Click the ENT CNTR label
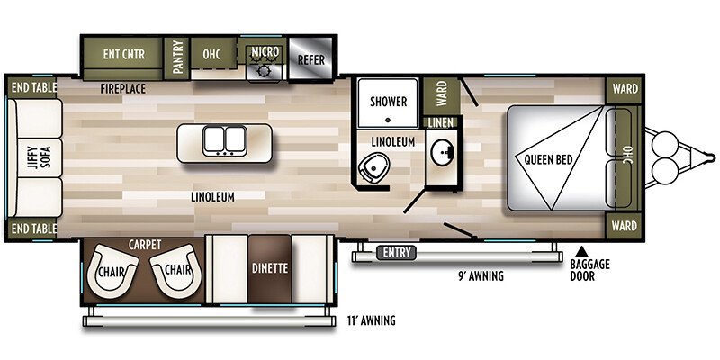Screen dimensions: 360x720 click(124, 53)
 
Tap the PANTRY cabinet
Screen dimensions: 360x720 click(178, 54)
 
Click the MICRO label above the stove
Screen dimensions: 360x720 click(265, 51)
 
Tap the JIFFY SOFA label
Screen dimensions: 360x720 click(36, 163)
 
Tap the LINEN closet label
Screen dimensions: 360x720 click(440, 122)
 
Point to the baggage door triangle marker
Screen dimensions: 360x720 click(582, 251)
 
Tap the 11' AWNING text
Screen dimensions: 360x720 click(372, 319)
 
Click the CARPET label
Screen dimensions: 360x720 click(144, 244)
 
